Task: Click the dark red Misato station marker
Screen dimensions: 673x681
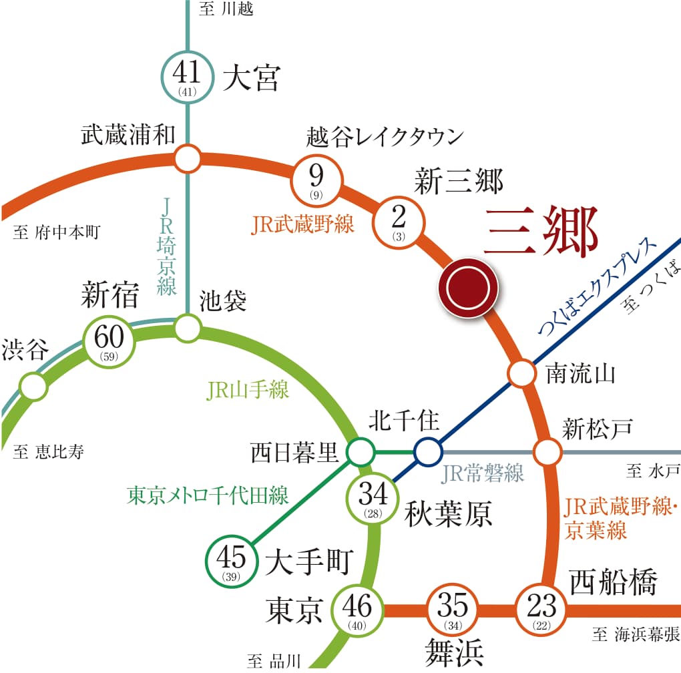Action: click(468, 288)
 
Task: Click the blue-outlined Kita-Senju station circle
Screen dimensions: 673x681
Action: click(427, 452)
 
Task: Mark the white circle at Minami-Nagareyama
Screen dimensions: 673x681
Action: click(521, 373)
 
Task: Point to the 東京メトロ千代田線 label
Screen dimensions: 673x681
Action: click(208, 495)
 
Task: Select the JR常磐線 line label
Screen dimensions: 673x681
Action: click(483, 473)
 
